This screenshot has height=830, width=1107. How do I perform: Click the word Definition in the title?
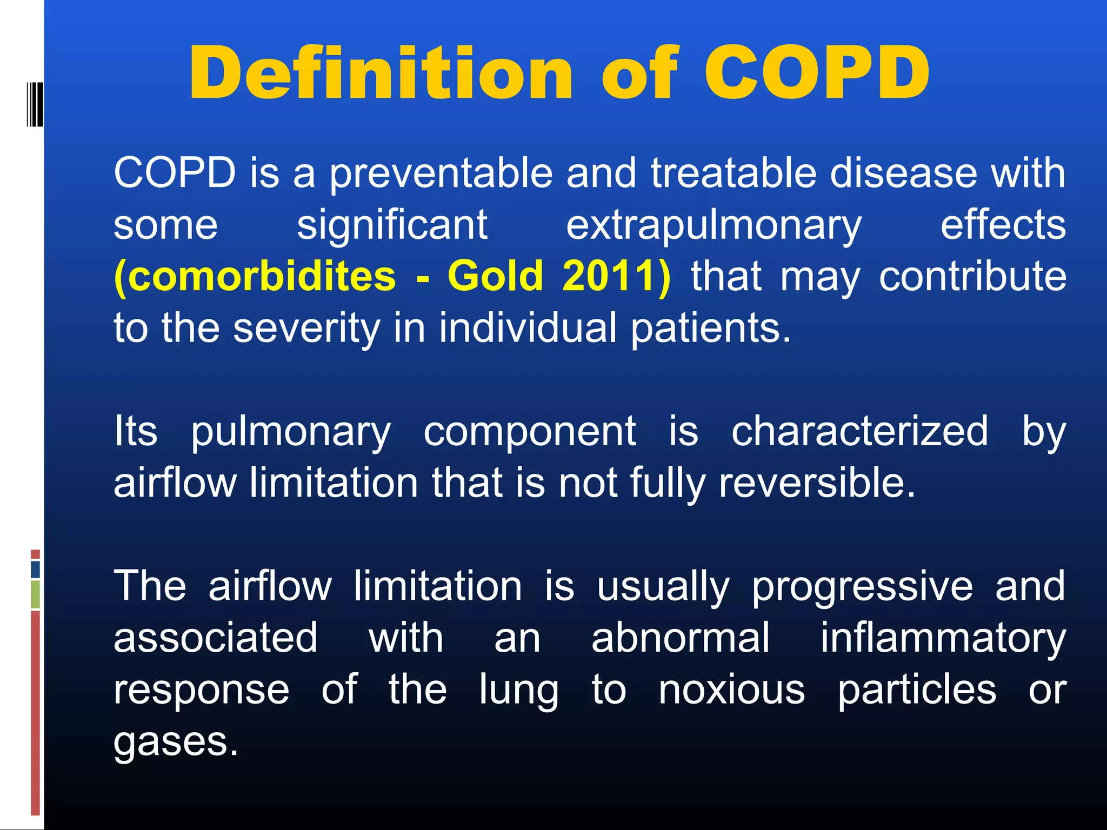[380, 73]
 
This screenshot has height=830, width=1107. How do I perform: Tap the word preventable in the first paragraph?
[442, 173]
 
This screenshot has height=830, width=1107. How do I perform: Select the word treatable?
[733, 173]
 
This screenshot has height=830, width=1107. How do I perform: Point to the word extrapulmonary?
[713, 225]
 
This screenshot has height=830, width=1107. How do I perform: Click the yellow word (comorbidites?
[255, 276]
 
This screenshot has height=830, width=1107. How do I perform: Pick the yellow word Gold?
[495, 276]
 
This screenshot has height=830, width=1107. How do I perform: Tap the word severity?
[306, 328]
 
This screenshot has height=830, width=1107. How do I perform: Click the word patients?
[710, 328]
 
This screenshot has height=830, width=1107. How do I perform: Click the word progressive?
[862, 586]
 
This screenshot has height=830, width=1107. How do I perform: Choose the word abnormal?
[680, 638]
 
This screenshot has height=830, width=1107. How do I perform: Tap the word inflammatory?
[943, 638]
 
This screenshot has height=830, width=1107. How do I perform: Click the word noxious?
[732, 690]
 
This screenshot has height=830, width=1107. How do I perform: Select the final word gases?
[176, 742]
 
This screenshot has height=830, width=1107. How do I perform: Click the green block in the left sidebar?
[35, 594]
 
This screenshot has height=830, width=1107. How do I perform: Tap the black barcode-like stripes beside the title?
[35, 104]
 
